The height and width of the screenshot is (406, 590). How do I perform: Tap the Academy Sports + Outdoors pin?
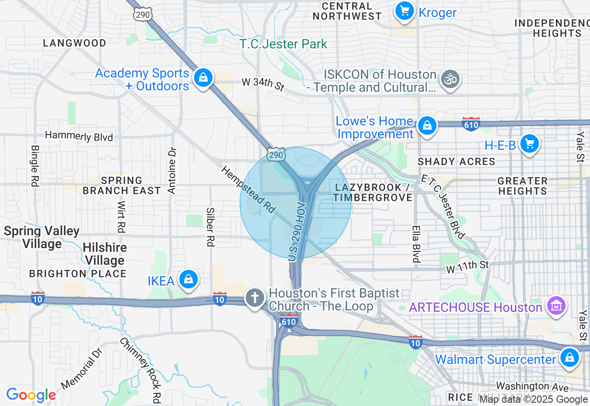click(203, 78)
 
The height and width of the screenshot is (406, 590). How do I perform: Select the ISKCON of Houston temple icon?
click(450, 79)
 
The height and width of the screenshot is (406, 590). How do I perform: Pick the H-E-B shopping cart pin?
click(529, 144)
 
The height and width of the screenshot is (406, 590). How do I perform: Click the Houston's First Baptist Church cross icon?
click(254, 298)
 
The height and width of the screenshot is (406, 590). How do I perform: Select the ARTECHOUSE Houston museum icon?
click(556, 306)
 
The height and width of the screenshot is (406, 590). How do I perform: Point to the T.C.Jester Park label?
click(283, 44)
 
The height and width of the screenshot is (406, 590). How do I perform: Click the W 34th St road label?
click(263, 84)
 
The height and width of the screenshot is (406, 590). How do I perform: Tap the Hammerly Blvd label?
click(79, 136)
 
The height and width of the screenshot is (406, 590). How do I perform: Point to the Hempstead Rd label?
click(248, 190)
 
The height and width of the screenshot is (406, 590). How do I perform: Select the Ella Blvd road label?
click(416, 244)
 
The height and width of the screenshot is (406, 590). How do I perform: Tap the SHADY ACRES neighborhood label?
click(456, 161)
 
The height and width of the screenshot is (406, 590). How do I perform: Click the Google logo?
click(31, 395)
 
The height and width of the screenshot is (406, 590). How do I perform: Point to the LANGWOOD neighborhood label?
click(75, 43)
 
